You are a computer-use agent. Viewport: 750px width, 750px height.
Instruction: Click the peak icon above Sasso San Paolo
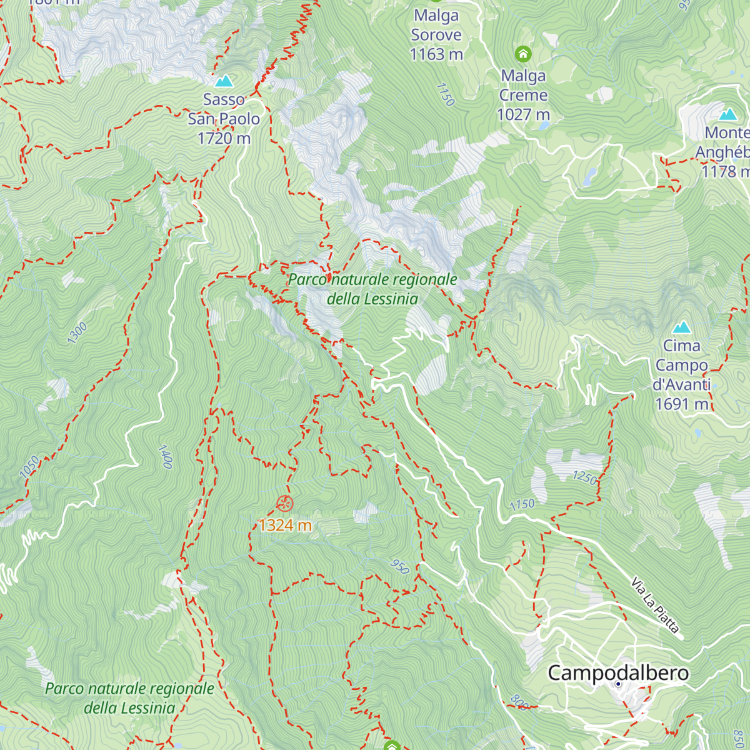[x=224, y=81]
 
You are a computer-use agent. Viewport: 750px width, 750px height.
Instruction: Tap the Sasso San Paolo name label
[x=224, y=109]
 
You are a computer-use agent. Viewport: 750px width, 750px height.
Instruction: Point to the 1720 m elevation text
[x=224, y=138]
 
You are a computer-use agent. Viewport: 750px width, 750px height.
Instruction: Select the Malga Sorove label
[x=436, y=25]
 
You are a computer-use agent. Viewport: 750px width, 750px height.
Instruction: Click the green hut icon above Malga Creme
[x=522, y=54]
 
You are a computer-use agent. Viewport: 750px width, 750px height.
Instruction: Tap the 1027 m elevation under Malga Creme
[x=523, y=115]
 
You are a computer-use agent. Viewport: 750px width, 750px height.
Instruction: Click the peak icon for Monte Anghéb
[x=727, y=114]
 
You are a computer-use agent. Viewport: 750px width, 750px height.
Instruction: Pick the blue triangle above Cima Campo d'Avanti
[x=681, y=327]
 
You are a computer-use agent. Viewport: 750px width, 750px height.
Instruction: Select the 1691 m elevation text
[x=682, y=404]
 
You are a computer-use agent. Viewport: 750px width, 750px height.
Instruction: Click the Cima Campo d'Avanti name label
[x=682, y=365]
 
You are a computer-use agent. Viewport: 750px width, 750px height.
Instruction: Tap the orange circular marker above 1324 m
[x=284, y=502]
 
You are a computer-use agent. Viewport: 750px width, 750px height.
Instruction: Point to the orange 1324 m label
[x=285, y=525]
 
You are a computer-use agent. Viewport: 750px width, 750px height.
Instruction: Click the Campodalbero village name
[x=618, y=673]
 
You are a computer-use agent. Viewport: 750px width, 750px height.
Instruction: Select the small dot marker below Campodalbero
[x=618, y=684]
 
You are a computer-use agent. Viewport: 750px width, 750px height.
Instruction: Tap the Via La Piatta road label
[x=654, y=606]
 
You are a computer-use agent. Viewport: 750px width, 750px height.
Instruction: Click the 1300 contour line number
[x=77, y=333]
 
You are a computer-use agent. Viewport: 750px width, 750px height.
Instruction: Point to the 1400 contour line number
[x=165, y=456]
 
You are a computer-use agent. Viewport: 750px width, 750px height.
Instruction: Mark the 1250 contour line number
[x=584, y=477]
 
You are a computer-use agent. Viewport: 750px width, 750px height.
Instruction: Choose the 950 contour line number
[x=399, y=567]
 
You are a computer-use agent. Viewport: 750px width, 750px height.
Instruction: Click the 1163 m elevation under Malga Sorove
[x=436, y=55]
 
